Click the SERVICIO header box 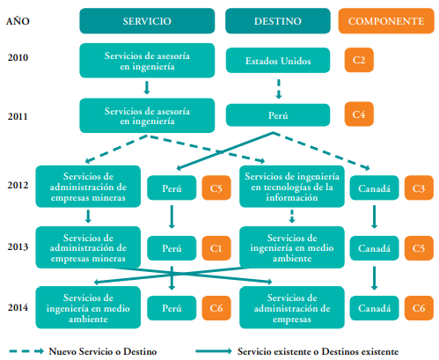point(147,21)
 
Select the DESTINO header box point(278,21)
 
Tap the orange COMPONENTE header point(386,21)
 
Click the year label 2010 point(18,57)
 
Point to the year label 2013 point(18,246)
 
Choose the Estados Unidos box point(278,61)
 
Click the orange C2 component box point(359,60)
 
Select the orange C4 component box point(359,114)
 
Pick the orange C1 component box point(216,248)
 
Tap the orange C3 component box point(419,188)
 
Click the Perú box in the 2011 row point(278,115)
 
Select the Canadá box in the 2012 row point(374,188)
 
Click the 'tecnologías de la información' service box point(292,187)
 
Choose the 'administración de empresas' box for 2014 point(292,307)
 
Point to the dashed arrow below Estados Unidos point(279,89)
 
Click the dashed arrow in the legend point(26,351)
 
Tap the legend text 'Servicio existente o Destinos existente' point(318,351)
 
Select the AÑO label point(18,21)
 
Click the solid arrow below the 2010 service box point(147,87)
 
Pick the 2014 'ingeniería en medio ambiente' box point(88,307)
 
